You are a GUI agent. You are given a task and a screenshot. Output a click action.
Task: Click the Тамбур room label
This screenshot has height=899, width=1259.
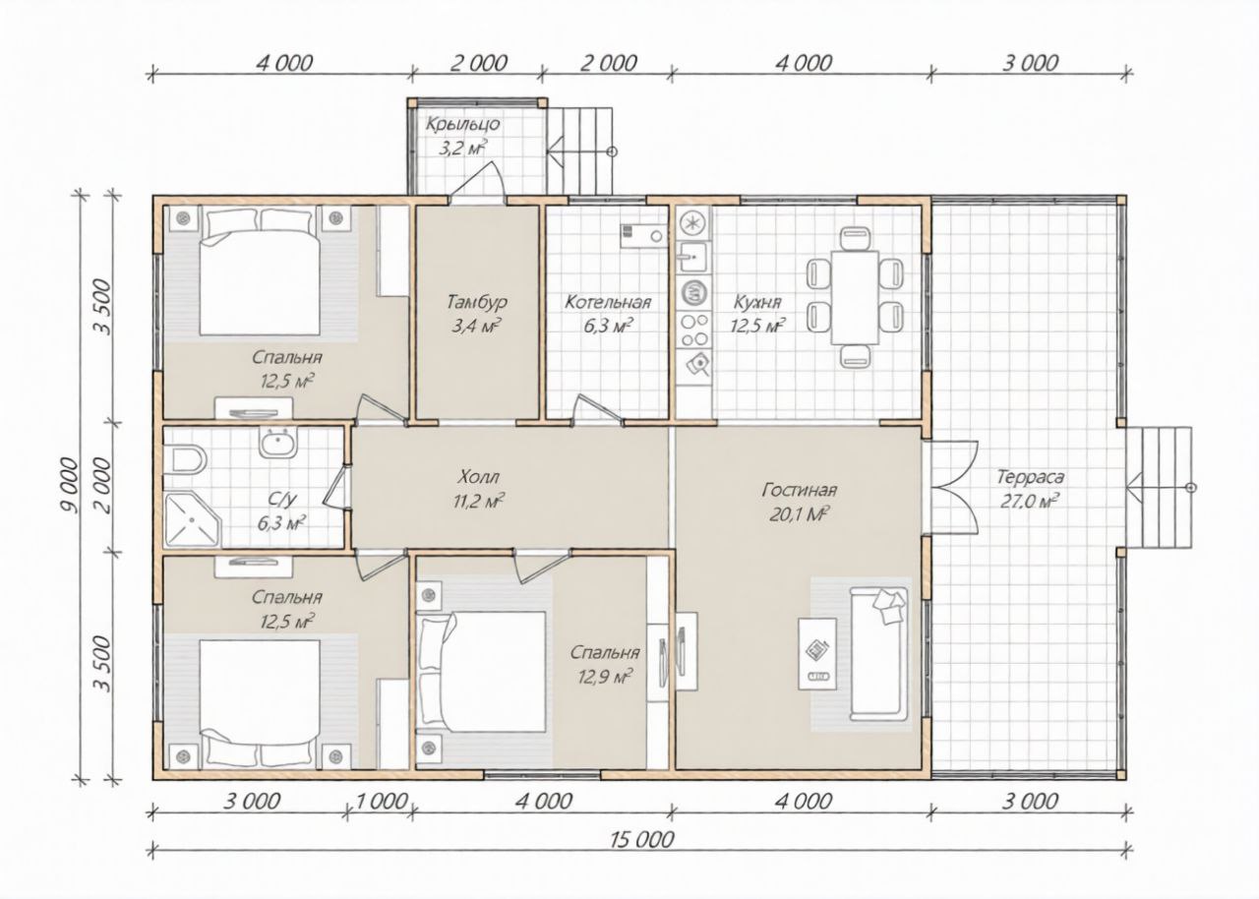tap(477, 302)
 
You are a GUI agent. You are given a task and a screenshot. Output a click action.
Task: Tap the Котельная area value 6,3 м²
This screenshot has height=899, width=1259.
tap(608, 327)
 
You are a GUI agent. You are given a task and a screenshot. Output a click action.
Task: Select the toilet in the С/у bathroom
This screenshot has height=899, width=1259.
tap(186, 459)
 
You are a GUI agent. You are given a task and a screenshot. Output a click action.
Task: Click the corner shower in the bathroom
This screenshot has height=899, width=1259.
tap(192, 518)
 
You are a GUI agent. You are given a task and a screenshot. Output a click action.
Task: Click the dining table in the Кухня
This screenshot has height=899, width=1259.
tap(855, 297)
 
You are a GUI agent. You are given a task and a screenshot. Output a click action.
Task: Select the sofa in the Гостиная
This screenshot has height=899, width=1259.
tap(878, 654)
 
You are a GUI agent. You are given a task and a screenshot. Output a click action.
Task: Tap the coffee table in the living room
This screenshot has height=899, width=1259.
tap(817, 654)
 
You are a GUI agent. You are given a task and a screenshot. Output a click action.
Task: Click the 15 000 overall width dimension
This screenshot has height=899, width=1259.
tap(641, 840)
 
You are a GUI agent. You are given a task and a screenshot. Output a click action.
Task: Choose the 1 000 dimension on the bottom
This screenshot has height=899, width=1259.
tap(381, 802)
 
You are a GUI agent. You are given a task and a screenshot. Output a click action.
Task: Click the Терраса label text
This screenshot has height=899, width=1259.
tap(1030, 477)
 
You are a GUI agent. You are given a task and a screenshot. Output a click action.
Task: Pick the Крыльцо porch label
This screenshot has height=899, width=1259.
tap(462, 124)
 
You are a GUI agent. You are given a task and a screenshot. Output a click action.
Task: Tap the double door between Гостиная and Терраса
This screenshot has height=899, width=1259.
tap(951, 487)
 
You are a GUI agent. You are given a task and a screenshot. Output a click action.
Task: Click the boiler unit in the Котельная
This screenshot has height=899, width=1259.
tap(644, 235)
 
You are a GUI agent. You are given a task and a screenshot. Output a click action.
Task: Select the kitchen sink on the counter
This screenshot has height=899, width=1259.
tap(694, 258)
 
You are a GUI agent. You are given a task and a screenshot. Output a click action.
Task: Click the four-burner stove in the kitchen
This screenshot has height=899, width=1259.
tap(694, 330)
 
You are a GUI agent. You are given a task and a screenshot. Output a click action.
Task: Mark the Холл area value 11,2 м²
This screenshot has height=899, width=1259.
tap(478, 502)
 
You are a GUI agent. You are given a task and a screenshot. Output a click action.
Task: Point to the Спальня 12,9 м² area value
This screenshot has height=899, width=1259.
tap(604, 676)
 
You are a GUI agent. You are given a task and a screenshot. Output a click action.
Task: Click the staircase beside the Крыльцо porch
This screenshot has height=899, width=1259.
tap(580, 151)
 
